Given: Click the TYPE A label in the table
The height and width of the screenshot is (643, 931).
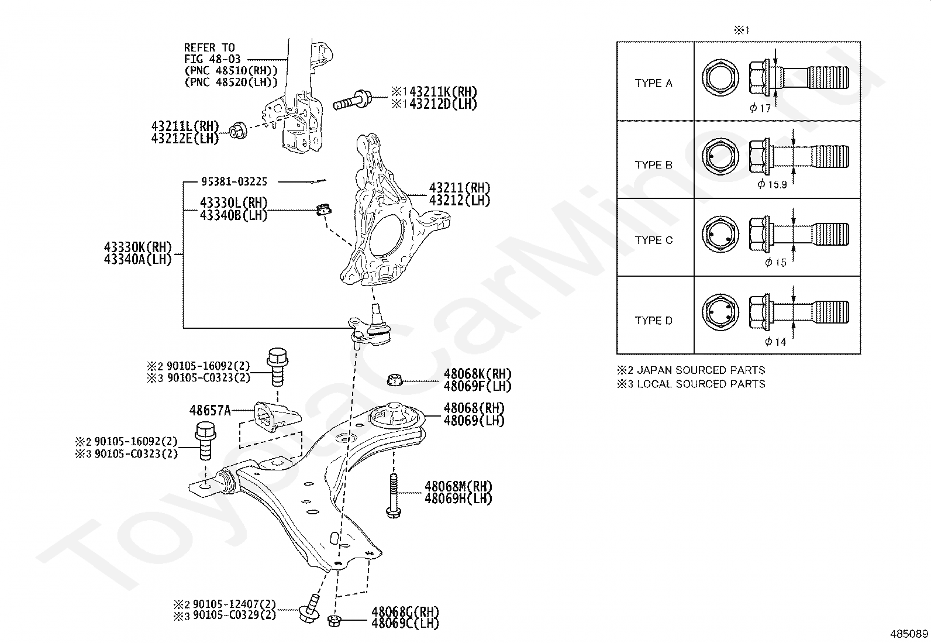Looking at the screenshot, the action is pos(653,83).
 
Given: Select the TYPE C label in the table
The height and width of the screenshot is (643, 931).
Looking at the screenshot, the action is pos(653,240).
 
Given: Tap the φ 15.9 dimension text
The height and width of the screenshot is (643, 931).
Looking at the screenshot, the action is pos(773,184).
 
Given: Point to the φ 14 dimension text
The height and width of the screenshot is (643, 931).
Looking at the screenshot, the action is pos(775,342).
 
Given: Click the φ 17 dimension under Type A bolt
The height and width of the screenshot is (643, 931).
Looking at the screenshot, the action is pos(760,108).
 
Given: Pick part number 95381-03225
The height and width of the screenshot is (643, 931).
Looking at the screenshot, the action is pos(234,182).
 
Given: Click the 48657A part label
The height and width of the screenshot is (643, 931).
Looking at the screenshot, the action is pos(210,411).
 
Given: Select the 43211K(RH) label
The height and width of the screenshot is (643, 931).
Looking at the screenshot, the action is pos(443,92).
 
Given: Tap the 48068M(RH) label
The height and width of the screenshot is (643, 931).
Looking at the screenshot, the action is pos(458,486).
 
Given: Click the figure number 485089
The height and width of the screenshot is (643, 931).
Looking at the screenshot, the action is pos(909,634).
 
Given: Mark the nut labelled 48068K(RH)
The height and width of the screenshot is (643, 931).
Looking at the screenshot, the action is pos(394,380).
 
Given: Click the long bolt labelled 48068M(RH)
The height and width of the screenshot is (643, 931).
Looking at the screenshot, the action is pos(393,496).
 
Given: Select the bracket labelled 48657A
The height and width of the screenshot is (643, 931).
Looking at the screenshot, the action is pos(276,417).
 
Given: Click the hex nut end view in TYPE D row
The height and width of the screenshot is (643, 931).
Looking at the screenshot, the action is pos(720,312).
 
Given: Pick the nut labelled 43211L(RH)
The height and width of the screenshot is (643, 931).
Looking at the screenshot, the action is pos(239,130).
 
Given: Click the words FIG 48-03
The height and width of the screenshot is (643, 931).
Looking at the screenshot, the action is pos(212,59).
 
